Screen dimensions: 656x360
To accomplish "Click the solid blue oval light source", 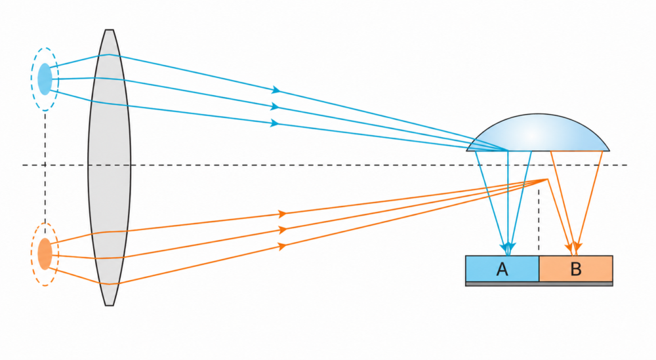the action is point(45,79).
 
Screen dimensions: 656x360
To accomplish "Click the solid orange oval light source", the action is point(45,254).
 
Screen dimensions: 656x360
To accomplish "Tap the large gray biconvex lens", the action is point(109,167).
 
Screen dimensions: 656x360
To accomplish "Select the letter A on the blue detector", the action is point(502,270).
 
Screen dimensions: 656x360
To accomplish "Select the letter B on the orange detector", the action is point(576,270).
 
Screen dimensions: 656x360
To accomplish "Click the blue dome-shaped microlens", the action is point(538,133).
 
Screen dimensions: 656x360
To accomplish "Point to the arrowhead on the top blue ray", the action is point(276,90).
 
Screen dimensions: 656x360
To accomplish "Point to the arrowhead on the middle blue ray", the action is point(274,107).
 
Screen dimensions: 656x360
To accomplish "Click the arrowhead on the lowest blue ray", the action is point(274,123).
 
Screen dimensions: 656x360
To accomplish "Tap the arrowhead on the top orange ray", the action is point(283,214).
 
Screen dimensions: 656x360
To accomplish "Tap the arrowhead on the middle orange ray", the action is point(283,230).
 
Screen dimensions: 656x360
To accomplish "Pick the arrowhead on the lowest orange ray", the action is point(283,247).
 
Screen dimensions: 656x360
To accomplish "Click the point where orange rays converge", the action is point(547,180).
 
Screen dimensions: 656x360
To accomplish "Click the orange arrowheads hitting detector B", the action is point(575,249).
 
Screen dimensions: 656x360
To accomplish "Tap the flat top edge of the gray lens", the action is point(109,30).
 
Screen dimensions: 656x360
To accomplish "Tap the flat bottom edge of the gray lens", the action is point(109,305).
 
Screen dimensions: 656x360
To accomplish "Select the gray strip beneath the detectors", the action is point(539,284).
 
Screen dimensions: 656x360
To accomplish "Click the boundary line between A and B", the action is point(539,268).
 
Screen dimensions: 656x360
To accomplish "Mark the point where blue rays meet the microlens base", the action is point(508,151).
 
